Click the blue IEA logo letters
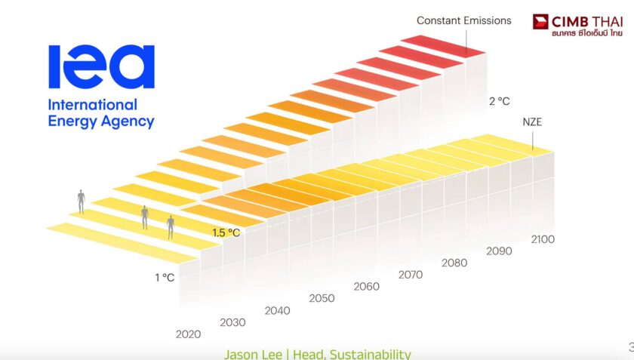101,66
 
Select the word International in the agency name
92,105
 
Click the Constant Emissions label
463,20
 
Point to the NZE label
533,121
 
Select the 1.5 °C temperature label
226,232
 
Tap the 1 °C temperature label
165,277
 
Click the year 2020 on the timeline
188,334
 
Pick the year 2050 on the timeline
322,298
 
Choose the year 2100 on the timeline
542,239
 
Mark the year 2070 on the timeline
410,275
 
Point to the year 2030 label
232,322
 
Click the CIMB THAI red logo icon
541,22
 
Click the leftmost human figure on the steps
81,201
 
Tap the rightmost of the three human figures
171,226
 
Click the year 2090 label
498,251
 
